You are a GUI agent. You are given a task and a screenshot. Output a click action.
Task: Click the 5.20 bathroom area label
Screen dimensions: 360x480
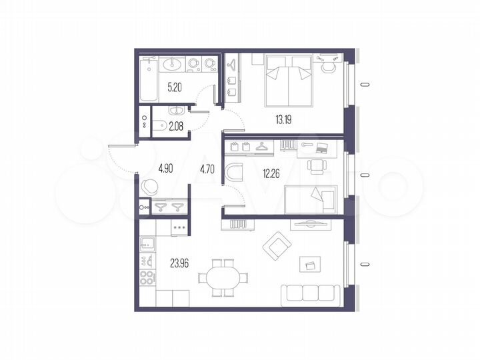(x=175, y=87)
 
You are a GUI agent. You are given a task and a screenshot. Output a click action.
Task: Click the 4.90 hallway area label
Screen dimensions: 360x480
(x=166, y=168)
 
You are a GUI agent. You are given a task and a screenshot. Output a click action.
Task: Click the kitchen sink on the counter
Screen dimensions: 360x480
(x=147, y=243)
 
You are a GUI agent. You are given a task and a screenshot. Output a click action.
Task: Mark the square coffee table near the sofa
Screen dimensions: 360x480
(x=310, y=264)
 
